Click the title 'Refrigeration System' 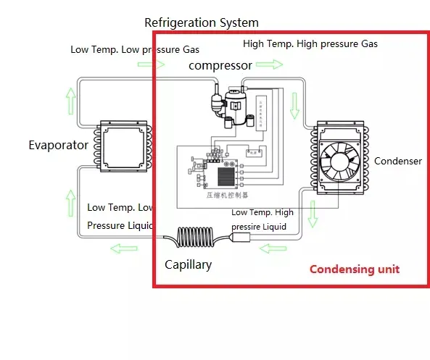pos(202,23)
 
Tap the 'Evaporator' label pos(58,145)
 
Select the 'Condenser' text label pos(397,161)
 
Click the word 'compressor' pos(220,65)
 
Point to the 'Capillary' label pos(188,264)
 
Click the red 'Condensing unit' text pos(354,269)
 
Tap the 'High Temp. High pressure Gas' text pos(310,44)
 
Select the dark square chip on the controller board pos(226,176)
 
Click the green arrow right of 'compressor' pos(269,65)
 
